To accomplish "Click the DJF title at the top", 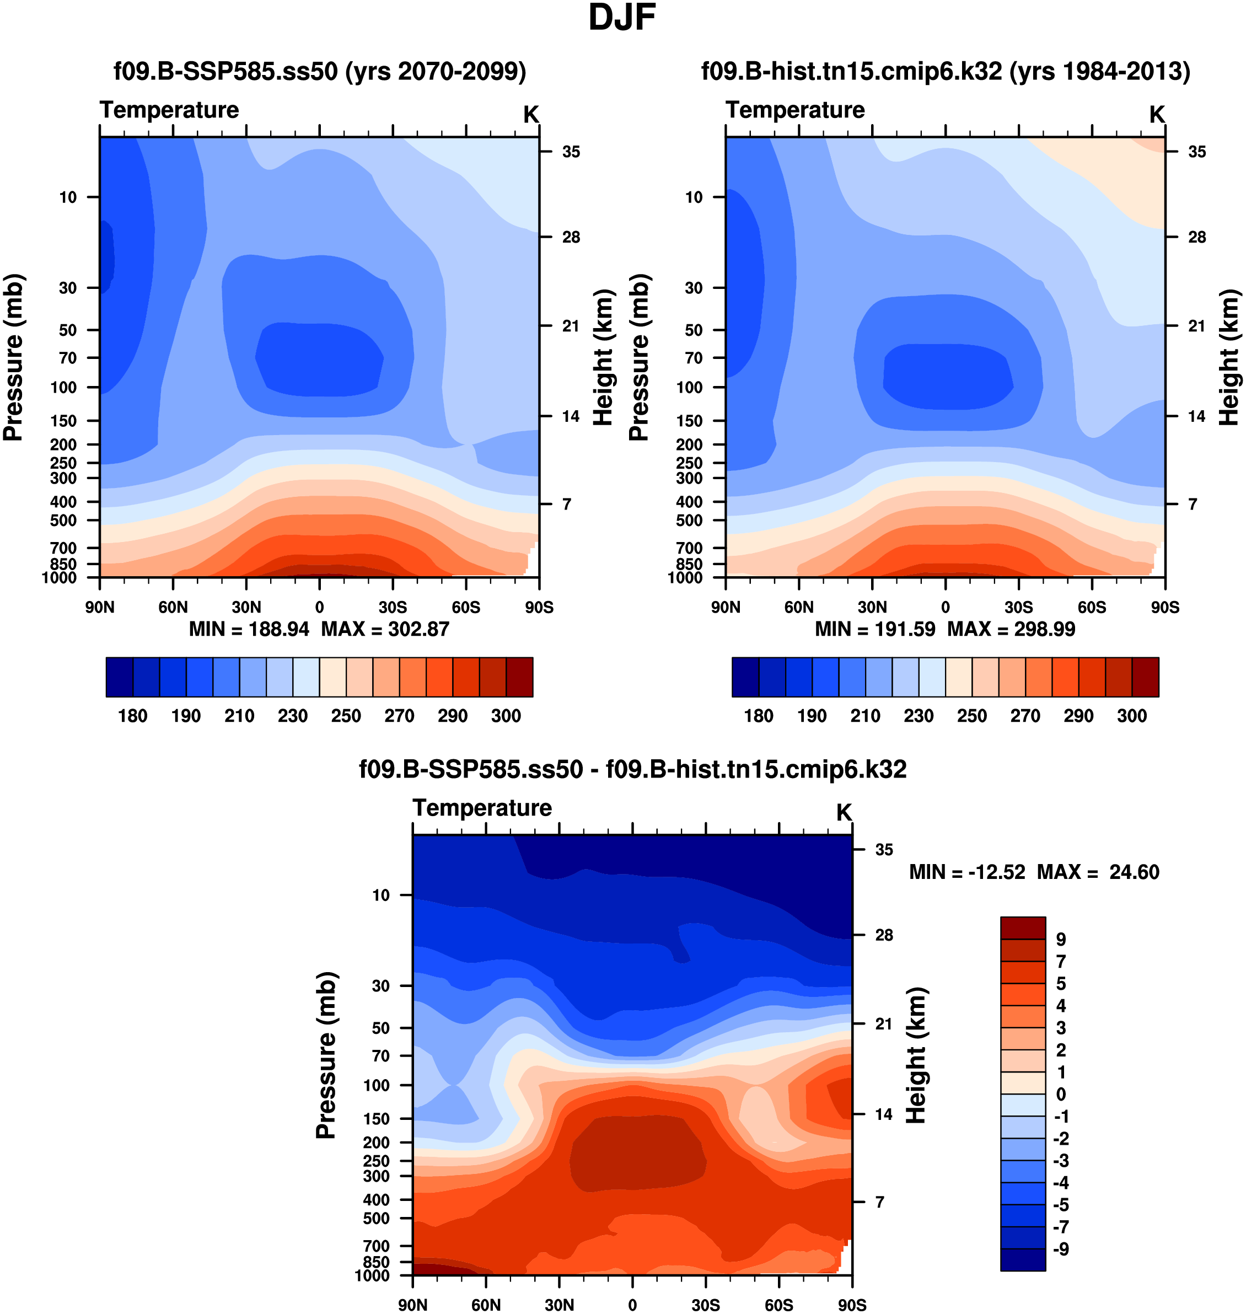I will point(622,18).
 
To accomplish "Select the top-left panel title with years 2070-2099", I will point(319,71).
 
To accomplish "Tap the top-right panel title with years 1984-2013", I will point(946,71).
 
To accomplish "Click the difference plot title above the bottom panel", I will point(632,769).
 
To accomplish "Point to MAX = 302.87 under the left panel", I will point(385,629).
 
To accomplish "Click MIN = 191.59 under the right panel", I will point(875,629).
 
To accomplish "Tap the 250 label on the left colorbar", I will point(346,716).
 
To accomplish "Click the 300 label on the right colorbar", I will point(1132,716).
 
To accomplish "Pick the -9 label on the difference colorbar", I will point(1061,1249).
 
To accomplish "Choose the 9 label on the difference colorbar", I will point(1061,940).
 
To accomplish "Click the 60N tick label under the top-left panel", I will point(173,607).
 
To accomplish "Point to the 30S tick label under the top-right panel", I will point(1018,607).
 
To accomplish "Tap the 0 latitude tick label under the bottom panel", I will point(632,1305).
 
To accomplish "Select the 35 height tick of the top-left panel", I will point(571,152).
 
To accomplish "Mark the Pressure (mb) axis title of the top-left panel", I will point(13,357).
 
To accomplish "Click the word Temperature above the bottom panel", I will point(482,808).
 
